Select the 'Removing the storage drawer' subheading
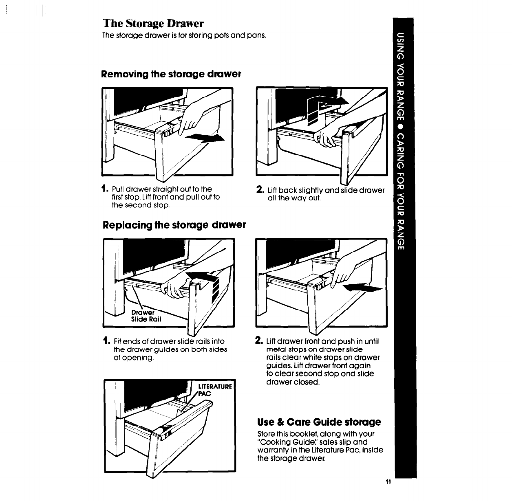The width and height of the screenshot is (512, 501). [x=171, y=74]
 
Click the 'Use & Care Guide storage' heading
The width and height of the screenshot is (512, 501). [x=319, y=421]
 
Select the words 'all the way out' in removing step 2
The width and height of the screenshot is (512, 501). [x=294, y=198]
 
